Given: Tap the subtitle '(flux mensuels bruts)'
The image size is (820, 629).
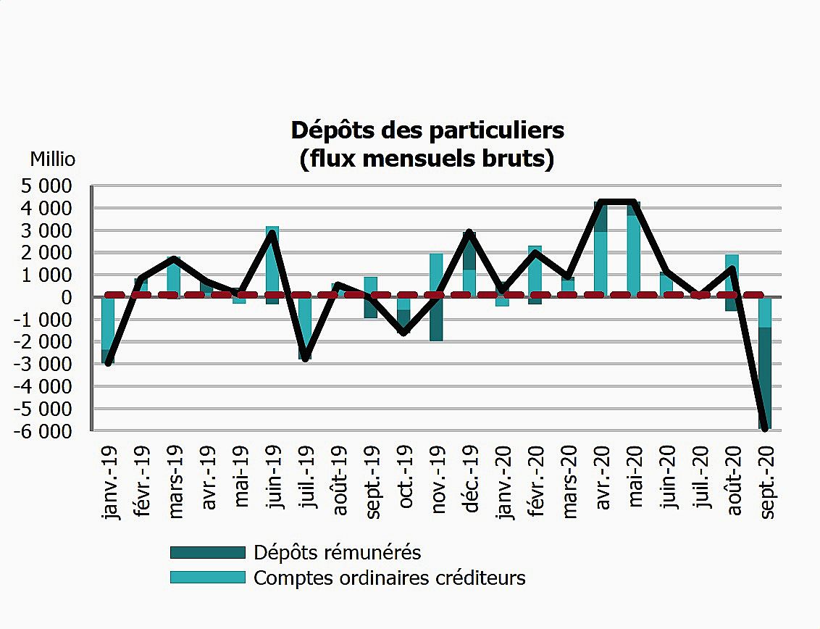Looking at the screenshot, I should tap(427, 159).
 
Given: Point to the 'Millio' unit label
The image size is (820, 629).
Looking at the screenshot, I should tap(52, 159).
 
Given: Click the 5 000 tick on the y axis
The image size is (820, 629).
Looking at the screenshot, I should tap(45, 186).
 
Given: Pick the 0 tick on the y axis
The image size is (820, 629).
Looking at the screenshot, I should tap(67, 298).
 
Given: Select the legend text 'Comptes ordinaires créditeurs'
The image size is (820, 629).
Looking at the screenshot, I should tap(390, 578).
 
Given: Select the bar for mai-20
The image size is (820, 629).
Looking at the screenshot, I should tap(634, 250).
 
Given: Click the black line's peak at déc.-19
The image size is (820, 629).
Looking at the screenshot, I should tap(469, 233).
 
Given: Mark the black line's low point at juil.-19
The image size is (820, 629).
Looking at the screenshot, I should tap(305, 358).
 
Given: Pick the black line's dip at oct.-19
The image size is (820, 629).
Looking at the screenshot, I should tap(404, 333).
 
